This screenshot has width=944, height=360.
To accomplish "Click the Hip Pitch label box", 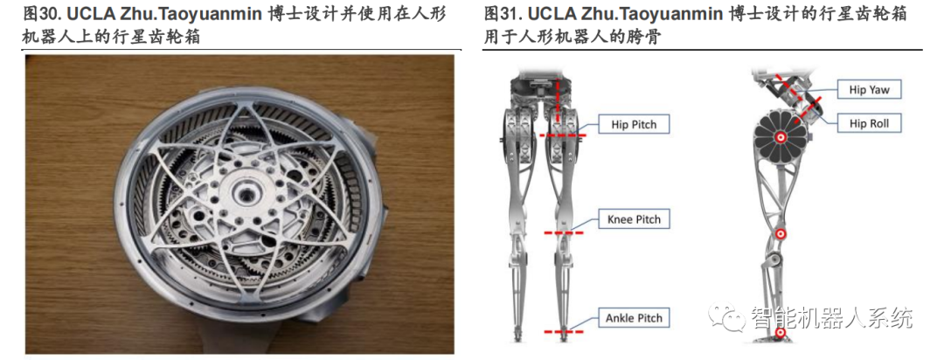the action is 634,125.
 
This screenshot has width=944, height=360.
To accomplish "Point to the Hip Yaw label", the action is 869,90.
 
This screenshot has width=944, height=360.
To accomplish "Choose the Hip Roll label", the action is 869,124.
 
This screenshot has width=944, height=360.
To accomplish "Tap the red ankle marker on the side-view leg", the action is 780,332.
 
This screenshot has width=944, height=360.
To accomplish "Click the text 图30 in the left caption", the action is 42,15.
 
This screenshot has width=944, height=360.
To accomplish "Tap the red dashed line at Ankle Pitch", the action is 560,332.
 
